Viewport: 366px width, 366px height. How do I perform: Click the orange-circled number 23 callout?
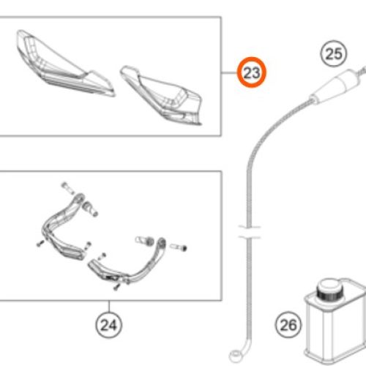pyautogui.click(x=252, y=72)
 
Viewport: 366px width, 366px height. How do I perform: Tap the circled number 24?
pyautogui.click(x=109, y=325)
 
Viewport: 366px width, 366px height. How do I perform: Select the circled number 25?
pyautogui.click(x=333, y=53)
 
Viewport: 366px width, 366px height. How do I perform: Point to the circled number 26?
pyautogui.click(x=288, y=324)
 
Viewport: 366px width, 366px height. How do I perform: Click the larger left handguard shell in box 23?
pyautogui.click(x=61, y=64)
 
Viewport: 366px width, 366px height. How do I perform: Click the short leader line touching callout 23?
pyautogui.click(x=230, y=72)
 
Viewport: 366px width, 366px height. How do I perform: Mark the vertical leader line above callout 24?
pyautogui.click(x=109, y=307)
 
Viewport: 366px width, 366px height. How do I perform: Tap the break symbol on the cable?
pyautogui.click(x=250, y=232)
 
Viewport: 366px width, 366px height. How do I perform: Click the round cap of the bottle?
pyautogui.click(x=329, y=291)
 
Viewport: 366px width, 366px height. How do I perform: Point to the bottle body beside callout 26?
pyautogui.click(x=336, y=327)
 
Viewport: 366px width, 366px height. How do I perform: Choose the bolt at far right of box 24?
pyautogui.click(x=178, y=247)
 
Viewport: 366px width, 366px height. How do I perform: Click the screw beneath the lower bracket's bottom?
pyautogui.click(x=117, y=287)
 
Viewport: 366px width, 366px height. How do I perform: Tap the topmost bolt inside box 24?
pyautogui.click(x=67, y=188)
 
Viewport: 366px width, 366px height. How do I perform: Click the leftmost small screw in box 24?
pyautogui.click(x=40, y=244)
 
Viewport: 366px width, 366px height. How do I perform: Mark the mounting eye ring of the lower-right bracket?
pyautogui.click(x=161, y=242)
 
